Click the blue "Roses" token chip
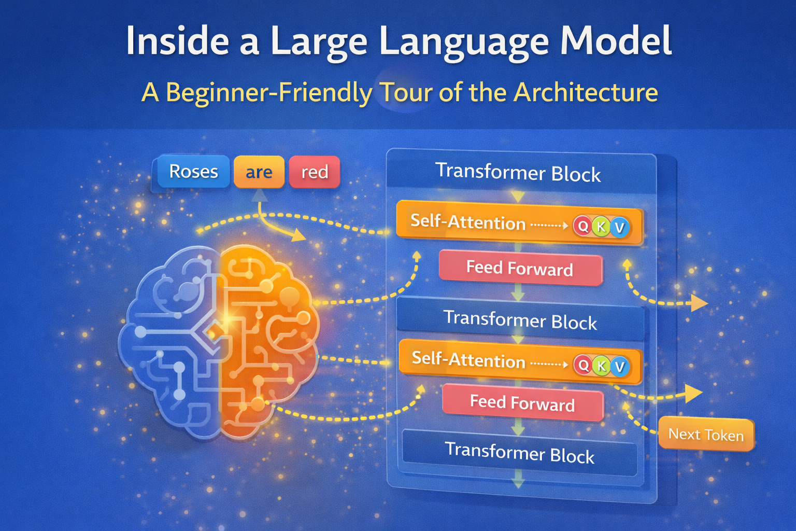[x=193, y=172]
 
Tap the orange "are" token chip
[x=259, y=172]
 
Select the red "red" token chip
[x=315, y=172]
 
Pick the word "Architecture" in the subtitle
[x=586, y=93]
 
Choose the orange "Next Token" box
[x=706, y=434]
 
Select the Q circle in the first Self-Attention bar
[x=583, y=226]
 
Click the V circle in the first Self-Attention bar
[x=619, y=227]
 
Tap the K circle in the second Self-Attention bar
[x=601, y=366]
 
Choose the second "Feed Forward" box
[x=522, y=403]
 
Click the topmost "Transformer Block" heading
[x=518, y=172]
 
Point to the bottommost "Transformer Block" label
[x=519, y=453]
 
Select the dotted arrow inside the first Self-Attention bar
[x=549, y=226]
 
